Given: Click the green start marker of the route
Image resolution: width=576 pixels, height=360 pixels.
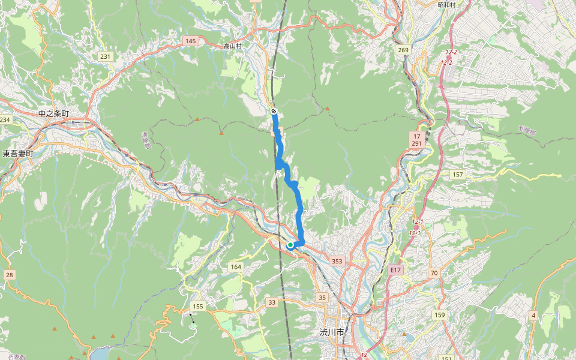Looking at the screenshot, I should tap(290, 245).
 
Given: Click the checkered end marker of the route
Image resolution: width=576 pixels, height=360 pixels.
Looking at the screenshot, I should tap(274, 111).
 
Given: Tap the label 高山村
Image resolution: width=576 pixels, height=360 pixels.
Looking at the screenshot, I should tap(232, 46).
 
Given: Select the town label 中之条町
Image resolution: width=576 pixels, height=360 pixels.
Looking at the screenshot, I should tap(53, 113).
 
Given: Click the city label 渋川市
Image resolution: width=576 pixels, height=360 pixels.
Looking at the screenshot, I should tap(332, 332).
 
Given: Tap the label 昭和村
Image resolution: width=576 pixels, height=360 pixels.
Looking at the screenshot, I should tap(446, 5).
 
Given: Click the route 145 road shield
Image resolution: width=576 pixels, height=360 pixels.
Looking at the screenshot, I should tap(191, 41).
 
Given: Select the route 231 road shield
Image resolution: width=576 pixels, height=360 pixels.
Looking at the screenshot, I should tap(106, 56).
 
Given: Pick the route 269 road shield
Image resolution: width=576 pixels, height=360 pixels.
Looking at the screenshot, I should tap(403, 50).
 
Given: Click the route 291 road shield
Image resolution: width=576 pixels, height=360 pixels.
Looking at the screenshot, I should tap(418, 144).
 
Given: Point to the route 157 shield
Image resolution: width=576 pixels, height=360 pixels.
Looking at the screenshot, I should tap(458, 174).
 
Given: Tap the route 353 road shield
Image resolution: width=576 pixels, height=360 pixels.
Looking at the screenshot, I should tap(337, 261).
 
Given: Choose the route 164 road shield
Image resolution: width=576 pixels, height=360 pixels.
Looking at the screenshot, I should tap(236, 266).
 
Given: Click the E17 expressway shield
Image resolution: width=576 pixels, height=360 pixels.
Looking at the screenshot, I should tap(394, 270).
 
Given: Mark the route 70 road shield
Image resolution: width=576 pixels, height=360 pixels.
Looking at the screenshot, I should tap(434, 273).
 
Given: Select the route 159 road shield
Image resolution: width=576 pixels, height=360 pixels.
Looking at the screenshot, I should tap(440, 315).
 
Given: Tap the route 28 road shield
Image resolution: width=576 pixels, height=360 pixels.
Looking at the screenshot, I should tap(9, 275).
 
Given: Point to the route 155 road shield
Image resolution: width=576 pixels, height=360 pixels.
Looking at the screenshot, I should tap(198, 306).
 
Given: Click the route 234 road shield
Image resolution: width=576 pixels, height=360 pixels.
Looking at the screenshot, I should tap(5, 120).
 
